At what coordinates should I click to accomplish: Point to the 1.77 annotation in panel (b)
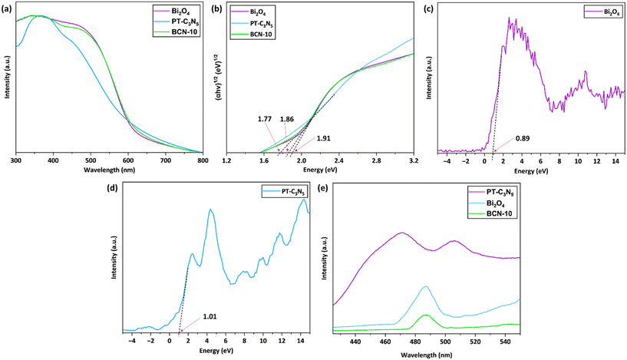266,120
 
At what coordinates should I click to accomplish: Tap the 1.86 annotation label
287,120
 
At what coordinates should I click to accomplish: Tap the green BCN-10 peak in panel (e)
425,315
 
